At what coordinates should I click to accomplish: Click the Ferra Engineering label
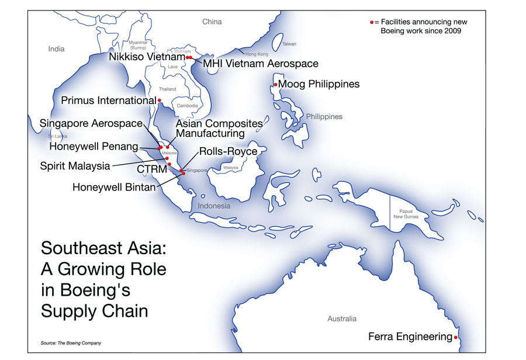pyautogui.click(x=410, y=337)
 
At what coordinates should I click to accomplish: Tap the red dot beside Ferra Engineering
pyautogui.click(x=455, y=337)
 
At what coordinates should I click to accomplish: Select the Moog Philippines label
pyautogui.click(x=319, y=84)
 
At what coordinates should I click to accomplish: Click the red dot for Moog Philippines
pyautogui.click(x=275, y=85)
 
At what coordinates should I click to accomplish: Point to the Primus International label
pyautogui.click(x=109, y=101)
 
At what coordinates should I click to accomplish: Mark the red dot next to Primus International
pyautogui.click(x=159, y=101)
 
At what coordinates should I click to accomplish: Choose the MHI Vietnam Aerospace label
pyautogui.click(x=261, y=63)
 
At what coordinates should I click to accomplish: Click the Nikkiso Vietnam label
pyautogui.click(x=147, y=57)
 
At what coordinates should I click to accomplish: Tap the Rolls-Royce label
pyautogui.click(x=228, y=151)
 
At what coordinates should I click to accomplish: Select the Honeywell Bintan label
pyautogui.click(x=114, y=188)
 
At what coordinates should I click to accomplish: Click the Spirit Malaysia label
pyautogui.click(x=75, y=166)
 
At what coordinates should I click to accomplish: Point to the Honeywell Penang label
pyautogui.click(x=94, y=146)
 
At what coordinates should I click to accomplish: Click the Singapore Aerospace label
pyautogui.click(x=91, y=123)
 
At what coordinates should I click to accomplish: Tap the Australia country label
pyautogui.click(x=342, y=319)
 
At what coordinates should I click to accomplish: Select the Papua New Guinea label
pyautogui.click(x=406, y=213)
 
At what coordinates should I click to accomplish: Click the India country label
pyautogui.click(x=56, y=49)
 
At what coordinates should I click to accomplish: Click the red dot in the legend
pyautogui.click(x=372, y=22)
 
